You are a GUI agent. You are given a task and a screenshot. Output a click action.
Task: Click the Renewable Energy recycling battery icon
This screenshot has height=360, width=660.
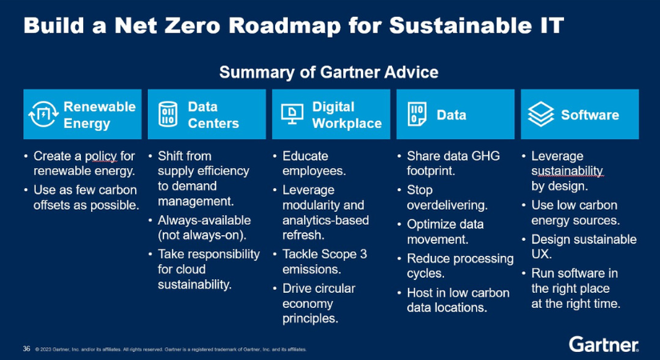(x=43, y=114)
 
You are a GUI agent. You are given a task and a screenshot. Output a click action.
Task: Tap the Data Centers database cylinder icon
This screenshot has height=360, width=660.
(x=167, y=114)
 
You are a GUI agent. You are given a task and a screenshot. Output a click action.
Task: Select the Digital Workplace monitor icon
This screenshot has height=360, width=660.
(x=292, y=114)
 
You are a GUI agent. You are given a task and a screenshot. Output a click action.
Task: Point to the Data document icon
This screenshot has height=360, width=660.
(x=417, y=114)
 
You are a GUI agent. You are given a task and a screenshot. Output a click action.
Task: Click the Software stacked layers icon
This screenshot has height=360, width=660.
(x=541, y=114)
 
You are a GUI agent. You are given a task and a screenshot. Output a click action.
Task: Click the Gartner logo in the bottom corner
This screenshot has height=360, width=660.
(x=604, y=345)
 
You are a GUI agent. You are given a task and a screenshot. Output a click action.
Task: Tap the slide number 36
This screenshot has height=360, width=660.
(x=26, y=349)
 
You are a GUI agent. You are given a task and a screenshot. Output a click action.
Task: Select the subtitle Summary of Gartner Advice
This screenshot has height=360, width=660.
(x=329, y=72)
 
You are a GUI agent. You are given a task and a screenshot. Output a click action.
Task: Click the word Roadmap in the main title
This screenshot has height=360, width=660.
(x=285, y=26)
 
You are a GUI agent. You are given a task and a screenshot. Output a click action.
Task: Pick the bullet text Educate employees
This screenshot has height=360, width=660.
(x=314, y=163)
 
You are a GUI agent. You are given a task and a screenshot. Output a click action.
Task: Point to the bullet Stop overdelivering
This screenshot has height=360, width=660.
(x=447, y=198)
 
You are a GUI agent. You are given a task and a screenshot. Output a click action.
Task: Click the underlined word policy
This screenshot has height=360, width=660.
(x=101, y=156)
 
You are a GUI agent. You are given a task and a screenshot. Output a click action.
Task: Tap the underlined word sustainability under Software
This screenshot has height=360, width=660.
(x=567, y=171)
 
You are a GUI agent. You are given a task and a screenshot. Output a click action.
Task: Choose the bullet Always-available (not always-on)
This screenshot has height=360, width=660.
(x=204, y=228)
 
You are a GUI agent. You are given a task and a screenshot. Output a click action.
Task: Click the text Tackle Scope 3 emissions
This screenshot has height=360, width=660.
(x=325, y=262)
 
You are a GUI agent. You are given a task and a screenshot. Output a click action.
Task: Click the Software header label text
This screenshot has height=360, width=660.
(x=590, y=114)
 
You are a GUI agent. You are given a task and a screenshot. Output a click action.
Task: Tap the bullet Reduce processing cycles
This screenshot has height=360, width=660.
(x=460, y=266)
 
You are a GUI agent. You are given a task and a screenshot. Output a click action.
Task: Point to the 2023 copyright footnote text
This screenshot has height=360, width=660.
(x=171, y=349)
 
